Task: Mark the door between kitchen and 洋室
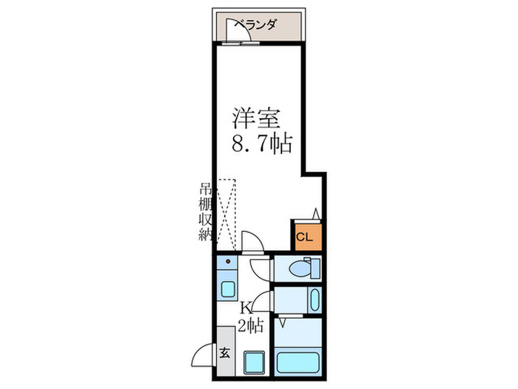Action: (252, 243)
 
